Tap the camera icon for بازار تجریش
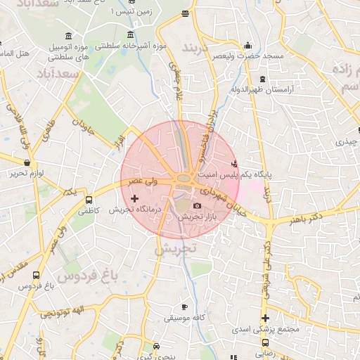[197, 206]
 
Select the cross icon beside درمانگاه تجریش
[135, 200]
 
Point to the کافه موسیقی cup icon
[184, 307]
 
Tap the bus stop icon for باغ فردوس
[36, 276]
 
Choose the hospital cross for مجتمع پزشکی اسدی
[265, 319]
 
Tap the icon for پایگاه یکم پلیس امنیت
[235, 164]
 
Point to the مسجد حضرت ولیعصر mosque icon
[247, 46]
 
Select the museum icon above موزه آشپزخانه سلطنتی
[130, 35]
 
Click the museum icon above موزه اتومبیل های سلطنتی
[67, 36]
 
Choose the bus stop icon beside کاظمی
[89, 200]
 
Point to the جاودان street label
[82, 127]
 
